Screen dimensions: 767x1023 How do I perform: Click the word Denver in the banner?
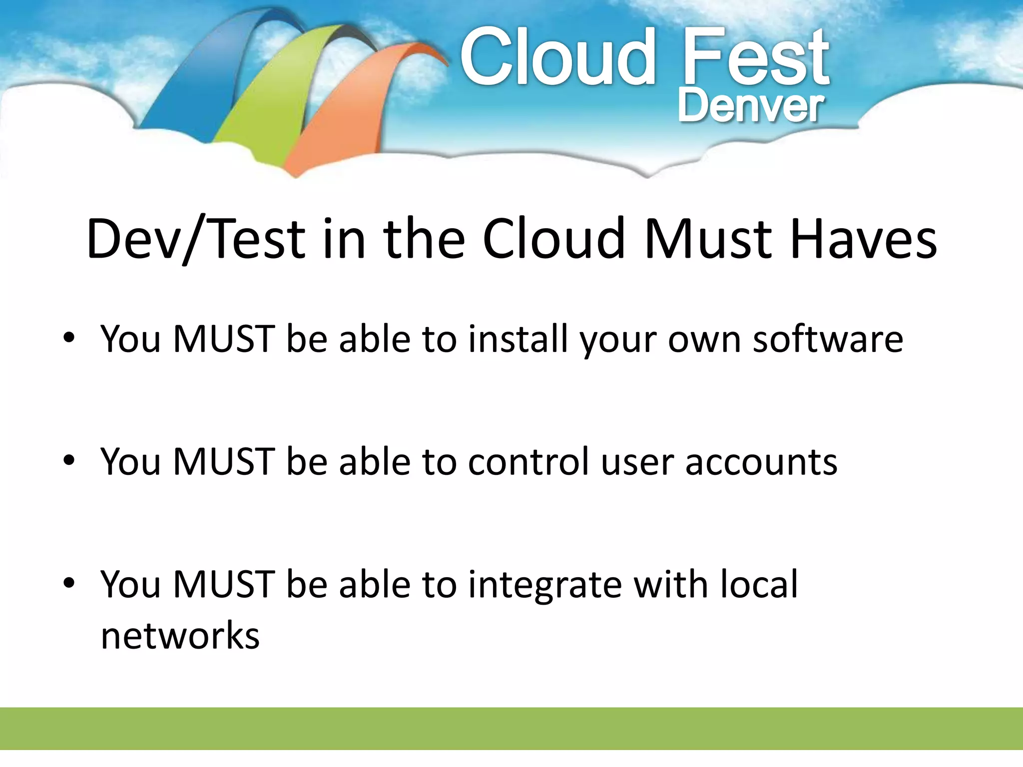coord(750,106)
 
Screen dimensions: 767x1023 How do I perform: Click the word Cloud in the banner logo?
coord(557,57)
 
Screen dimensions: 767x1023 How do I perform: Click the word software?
coord(828,339)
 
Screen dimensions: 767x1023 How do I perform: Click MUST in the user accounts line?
coord(224,461)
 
